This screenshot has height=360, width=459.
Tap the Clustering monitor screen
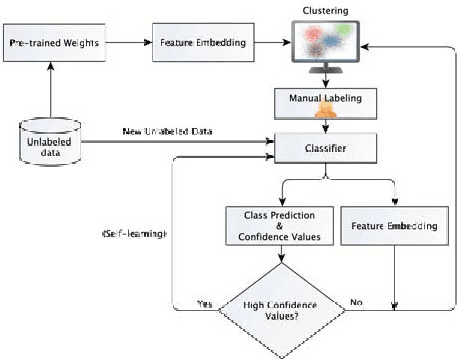(326, 40)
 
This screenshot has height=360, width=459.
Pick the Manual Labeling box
(325, 98)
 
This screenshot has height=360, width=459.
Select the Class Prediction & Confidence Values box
(280, 226)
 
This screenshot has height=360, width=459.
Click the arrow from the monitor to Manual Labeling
(325, 78)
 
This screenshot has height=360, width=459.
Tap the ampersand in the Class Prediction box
(279, 226)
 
